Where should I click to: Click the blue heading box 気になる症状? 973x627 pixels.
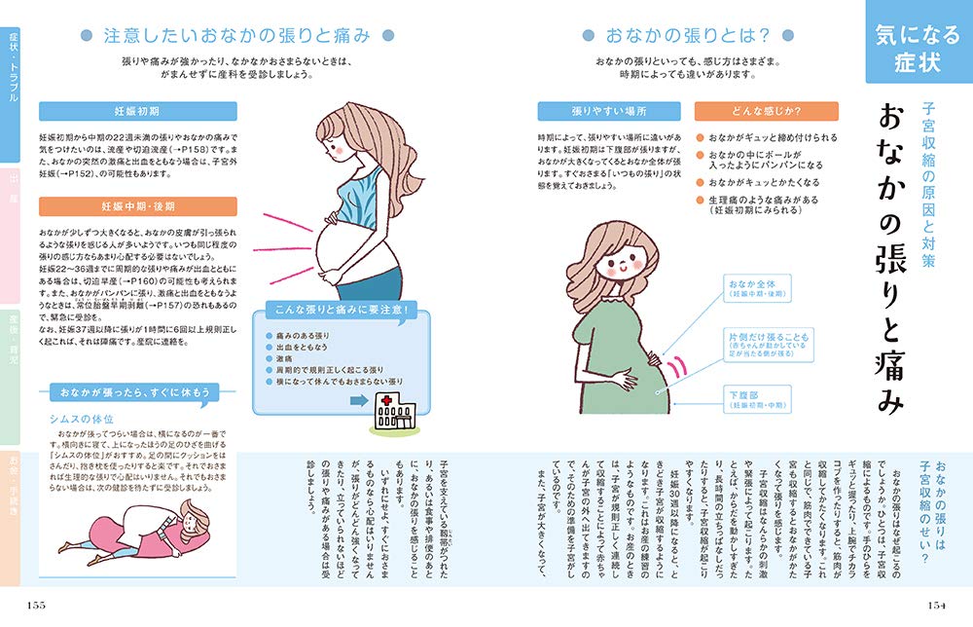pos(915,49)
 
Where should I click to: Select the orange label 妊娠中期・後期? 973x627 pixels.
pos(137,206)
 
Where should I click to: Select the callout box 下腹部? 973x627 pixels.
pos(761,398)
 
